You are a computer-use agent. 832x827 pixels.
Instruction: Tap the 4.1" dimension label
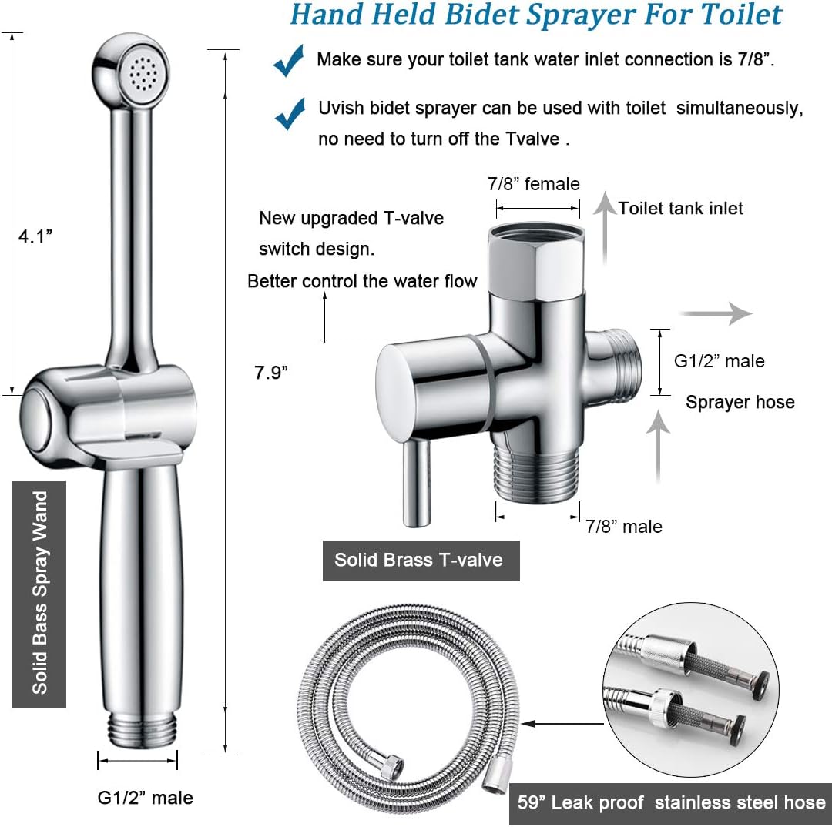(x=35, y=237)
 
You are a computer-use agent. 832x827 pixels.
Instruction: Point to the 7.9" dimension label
(x=272, y=373)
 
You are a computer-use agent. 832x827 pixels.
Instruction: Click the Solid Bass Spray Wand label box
(x=39, y=594)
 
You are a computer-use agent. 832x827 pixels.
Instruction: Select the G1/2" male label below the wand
(x=145, y=797)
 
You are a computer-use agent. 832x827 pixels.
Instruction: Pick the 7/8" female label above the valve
(x=533, y=184)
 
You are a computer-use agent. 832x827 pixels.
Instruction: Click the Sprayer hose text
(x=740, y=402)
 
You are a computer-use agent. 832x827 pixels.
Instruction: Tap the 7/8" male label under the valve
(x=623, y=527)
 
